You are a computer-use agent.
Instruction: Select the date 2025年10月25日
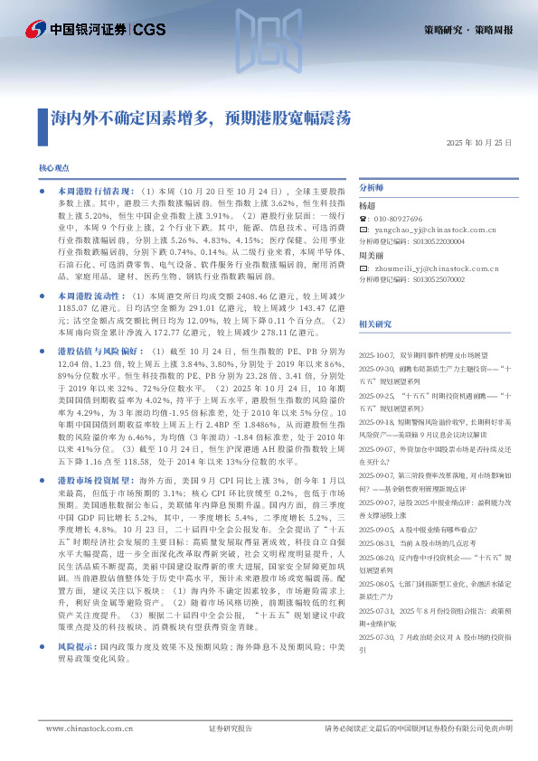pos(479,144)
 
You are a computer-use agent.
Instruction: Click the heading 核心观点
pos(54,169)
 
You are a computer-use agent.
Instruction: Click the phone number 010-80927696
pos(403,220)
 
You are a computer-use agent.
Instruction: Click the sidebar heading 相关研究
pos(376,324)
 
